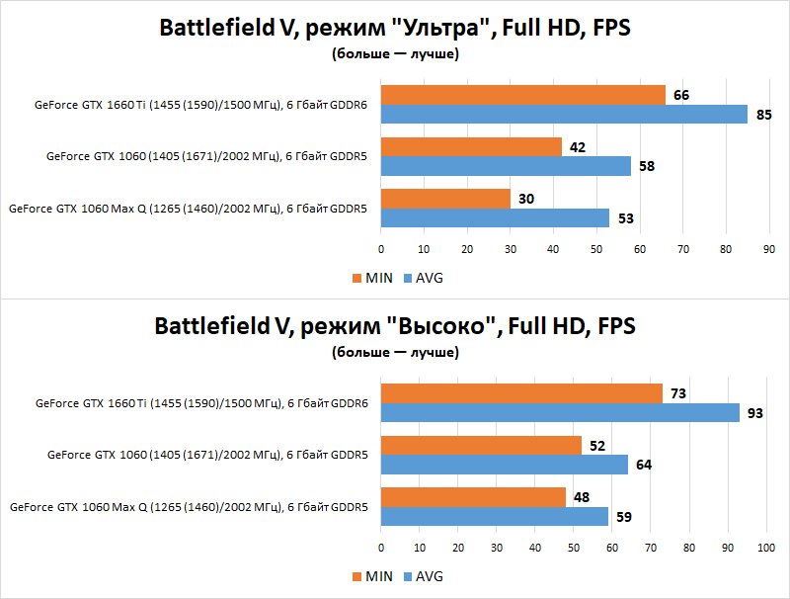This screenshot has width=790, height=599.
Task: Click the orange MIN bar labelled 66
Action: [x=522, y=95]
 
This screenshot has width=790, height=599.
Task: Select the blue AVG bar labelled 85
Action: [x=564, y=115]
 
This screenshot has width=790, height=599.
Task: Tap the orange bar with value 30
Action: [x=445, y=199]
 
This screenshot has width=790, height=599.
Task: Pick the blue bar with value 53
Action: [x=495, y=217]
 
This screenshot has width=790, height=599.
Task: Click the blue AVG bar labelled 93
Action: [x=560, y=413]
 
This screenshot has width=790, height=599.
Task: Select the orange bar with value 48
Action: [x=473, y=497]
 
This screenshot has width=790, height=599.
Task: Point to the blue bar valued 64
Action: [x=504, y=465]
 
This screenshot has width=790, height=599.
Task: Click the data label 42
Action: [x=578, y=147]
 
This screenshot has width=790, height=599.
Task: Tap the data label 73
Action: [x=677, y=393]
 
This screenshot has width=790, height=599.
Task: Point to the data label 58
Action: [x=647, y=166]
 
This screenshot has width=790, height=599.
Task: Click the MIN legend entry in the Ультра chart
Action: [x=372, y=278]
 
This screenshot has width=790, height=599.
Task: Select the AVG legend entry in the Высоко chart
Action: [x=423, y=576]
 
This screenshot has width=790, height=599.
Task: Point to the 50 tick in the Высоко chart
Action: [x=574, y=547]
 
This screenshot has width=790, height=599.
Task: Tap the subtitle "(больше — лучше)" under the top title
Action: [x=395, y=55]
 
